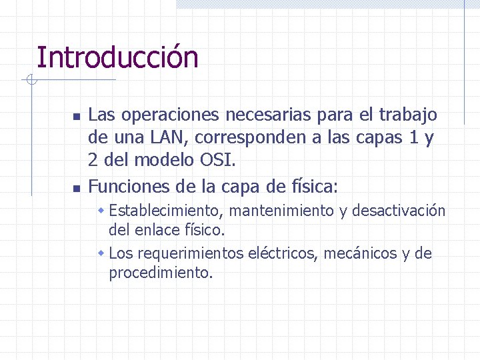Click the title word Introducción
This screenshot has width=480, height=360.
(x=117, y=58)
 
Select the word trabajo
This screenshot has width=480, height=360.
(x=408, y=115)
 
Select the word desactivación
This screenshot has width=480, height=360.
(x=398, y=211)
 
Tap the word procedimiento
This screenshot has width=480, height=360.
(x=161, y=273)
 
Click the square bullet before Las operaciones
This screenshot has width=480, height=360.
(x=76, y=117)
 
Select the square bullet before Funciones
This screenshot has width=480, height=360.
(x=76, y=186)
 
